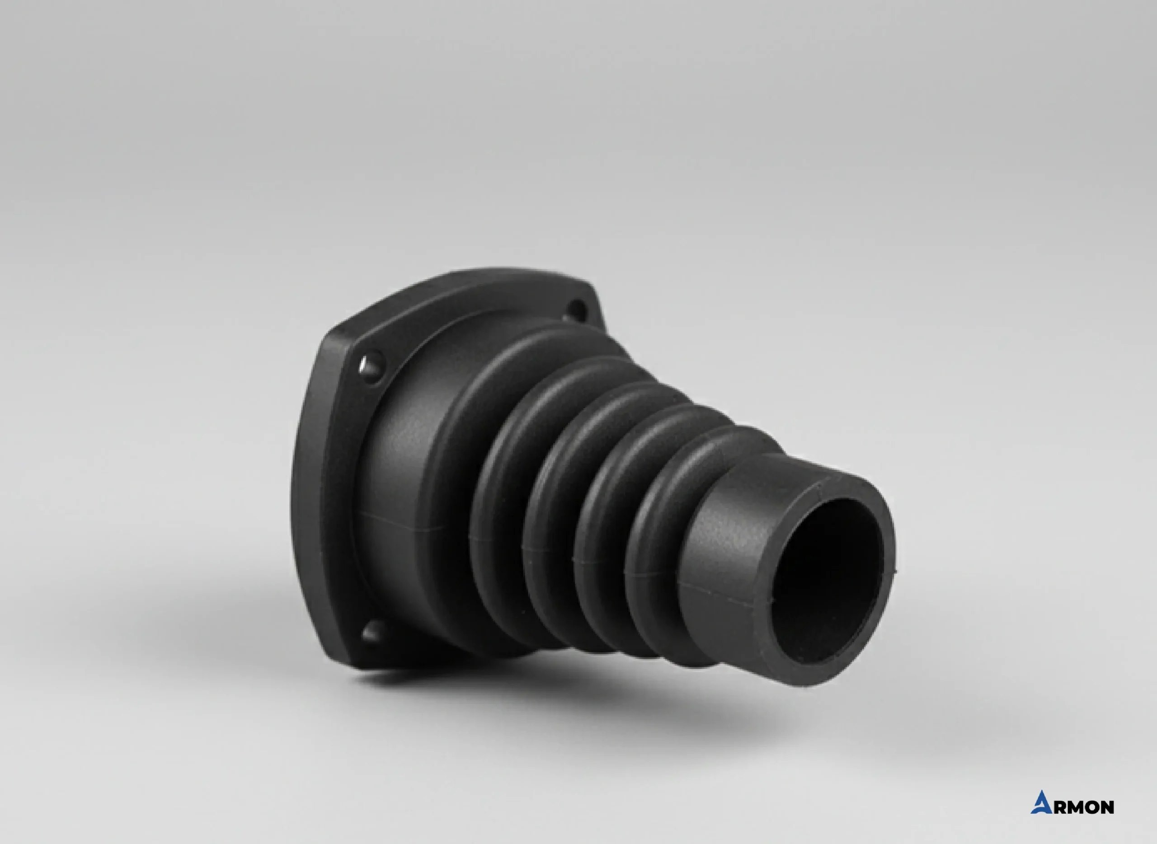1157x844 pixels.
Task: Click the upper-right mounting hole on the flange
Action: coord(578,309)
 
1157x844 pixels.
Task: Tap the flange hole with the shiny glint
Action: coord(372,366)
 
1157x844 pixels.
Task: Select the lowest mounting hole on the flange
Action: coord(374,632)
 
